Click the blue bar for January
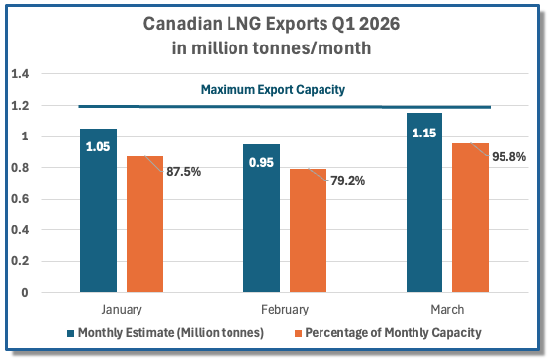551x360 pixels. click(98, 210)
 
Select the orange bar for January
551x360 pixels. click(144, 225)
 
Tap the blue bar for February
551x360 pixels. click(262, 219)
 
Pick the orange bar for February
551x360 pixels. click(309, 230)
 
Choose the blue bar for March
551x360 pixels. click(424, 203)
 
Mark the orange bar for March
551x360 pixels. click(470, 218)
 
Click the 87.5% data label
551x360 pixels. click(183, 172)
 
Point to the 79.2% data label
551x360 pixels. click(347, 181)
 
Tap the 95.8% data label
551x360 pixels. click(508, 156)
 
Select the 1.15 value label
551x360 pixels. click(424, 134)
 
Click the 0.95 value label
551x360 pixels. click(261, 162)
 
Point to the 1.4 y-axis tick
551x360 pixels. click(20, 74)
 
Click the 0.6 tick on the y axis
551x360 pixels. click(20, 199)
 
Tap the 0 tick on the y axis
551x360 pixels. click(25, 292)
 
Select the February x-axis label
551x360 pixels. click(285, 310)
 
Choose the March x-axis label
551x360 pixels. click(447, 310)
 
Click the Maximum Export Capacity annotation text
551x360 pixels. click(273, 90)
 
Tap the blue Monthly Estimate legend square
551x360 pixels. click(70, 333)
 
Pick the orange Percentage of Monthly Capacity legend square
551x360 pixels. click(298, 333)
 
